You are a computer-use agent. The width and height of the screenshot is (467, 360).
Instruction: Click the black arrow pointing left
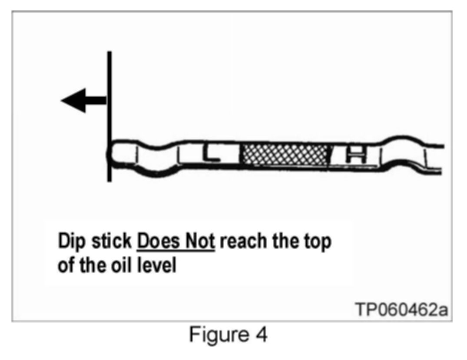83,100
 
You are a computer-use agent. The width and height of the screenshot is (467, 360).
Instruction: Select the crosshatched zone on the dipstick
285,155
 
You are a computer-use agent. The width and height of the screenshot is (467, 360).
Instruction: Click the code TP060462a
401,310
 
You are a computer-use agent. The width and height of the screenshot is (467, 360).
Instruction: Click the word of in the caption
66,265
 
